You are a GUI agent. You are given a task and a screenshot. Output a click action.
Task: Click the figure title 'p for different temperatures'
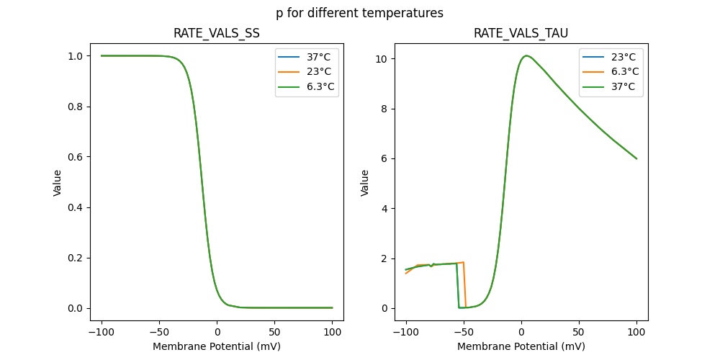[359, 13]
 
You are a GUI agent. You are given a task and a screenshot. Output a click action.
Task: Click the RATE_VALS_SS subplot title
[217, 33]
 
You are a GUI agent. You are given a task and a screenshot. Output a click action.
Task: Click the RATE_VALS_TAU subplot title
[521, 33]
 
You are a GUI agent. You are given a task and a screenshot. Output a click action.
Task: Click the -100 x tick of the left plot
[102, 333]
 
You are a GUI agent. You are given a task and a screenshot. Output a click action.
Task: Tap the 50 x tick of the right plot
[579, 333]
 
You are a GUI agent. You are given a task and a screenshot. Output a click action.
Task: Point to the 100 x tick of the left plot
[333, 333]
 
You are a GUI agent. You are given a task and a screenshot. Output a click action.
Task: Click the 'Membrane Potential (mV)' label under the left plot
[217, 346]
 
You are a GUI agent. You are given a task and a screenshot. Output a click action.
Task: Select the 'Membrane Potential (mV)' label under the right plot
[521, 346]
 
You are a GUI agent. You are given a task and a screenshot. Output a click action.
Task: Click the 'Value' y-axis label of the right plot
[365, 183]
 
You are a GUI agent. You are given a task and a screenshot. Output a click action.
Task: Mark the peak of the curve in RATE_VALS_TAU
[526, 55]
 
